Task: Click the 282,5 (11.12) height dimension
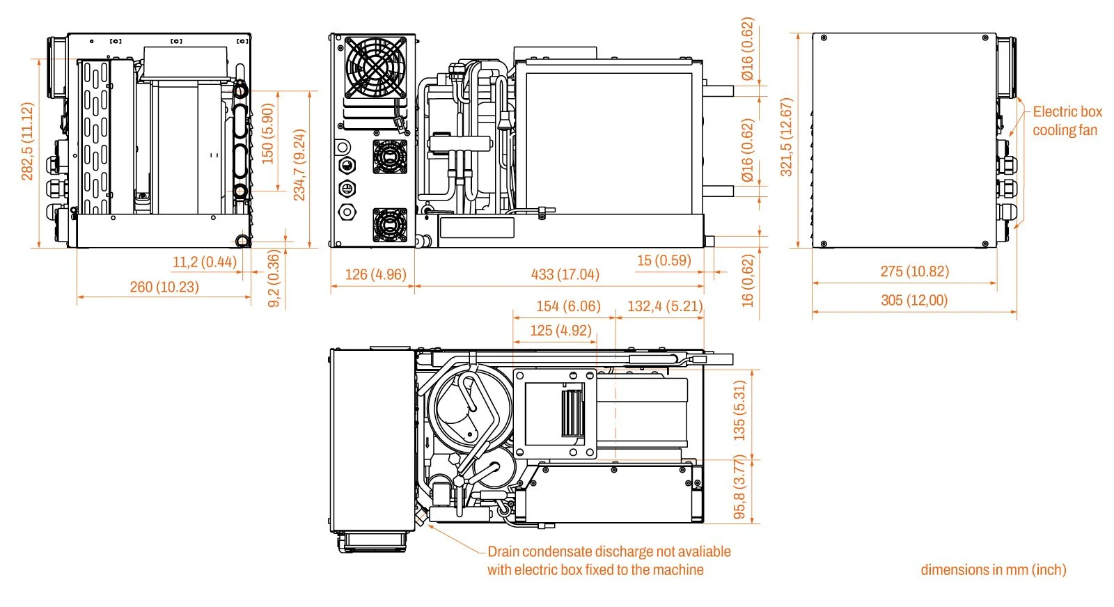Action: tap(27, 141)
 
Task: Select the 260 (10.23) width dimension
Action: tap(164, 287)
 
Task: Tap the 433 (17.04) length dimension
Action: tap(565, 274)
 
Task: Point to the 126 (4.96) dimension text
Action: tap(375, 274)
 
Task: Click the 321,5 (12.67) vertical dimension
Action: tap(786, 137)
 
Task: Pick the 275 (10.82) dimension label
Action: tap(914, 271)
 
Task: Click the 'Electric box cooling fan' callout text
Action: tap(1066, 121)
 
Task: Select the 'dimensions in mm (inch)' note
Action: tap(993, 569)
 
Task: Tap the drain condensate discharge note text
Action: tap(608, 560)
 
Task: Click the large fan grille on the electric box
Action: tap(375, 68)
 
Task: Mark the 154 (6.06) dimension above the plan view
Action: tap(568, 306)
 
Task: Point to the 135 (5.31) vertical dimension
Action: tap(739, 410)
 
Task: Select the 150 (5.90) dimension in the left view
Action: tap(268, 134)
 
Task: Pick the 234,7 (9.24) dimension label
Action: tap(299, 164)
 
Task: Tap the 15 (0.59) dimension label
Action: tap(664, 260)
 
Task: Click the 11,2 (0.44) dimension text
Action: tap(204, 262)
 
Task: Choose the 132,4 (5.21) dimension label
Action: tap(665, 306)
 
